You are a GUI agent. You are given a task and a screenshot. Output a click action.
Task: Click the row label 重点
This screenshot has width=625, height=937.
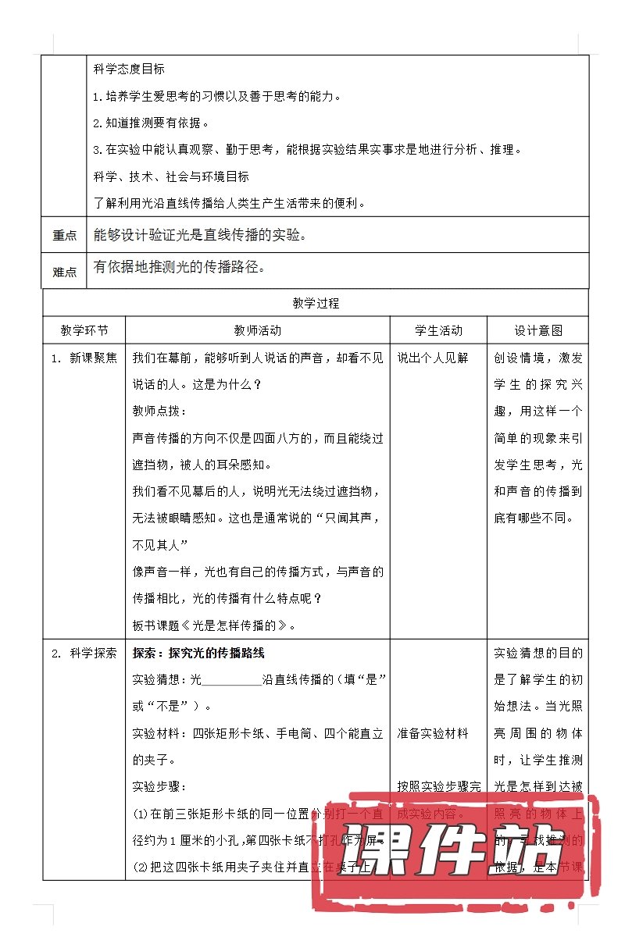tap(65, 236)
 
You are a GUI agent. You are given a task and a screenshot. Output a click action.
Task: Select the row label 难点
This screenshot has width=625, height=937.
tap(65, 272)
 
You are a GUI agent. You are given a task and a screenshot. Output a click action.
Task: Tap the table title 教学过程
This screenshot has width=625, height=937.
tap(316, 303)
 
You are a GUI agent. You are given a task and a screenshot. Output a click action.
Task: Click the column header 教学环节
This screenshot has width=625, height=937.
tap(84, 331)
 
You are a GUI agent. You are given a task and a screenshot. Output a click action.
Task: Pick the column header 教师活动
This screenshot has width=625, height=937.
tap(258, 331)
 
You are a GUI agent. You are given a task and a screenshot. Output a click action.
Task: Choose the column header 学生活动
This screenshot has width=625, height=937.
tap(438, 331)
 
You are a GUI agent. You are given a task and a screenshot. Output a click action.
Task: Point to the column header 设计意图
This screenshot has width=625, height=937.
tap(538, 331)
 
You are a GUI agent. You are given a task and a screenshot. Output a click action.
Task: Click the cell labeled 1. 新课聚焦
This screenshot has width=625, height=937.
tap(84, 358)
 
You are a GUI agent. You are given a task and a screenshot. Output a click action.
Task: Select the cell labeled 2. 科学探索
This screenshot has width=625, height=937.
tap(84, 654)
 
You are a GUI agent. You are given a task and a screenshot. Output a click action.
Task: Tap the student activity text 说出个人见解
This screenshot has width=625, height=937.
tap(433, 358)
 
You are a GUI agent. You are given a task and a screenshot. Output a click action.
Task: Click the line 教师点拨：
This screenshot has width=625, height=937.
tap(160, 411)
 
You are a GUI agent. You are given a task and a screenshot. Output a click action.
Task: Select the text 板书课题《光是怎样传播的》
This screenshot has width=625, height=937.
tap(215, 625)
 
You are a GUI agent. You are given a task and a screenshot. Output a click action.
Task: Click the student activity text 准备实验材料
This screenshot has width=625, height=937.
tap(433, 733)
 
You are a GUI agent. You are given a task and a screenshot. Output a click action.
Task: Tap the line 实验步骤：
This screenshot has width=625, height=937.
tap(160, 786)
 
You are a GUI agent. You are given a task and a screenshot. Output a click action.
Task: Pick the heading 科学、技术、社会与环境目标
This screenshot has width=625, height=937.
tap(171, 176)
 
